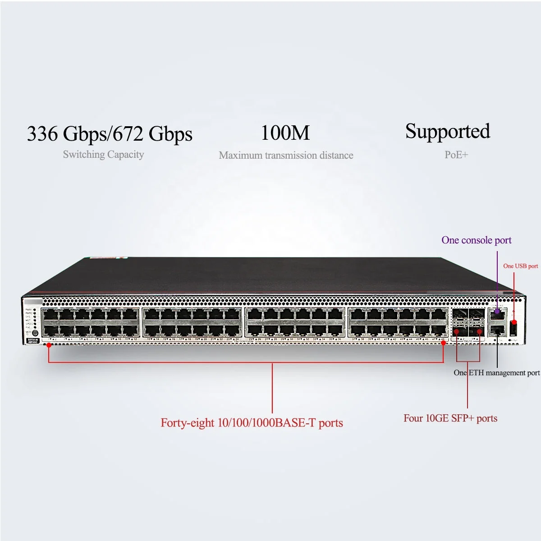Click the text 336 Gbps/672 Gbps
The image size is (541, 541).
(x=110, y=134)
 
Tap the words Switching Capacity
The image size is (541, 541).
(x=103, y=155)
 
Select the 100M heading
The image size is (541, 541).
(x=285, y=133)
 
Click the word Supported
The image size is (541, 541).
(x=447, y=132)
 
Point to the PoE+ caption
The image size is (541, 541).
(x=456, y=155)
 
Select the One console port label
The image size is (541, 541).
(x=477, y=240)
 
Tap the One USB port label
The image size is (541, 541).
(x=520, y=266)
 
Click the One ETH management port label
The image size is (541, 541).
(x=496, y=373)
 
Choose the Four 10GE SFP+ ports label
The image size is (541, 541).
(x=450, y=418)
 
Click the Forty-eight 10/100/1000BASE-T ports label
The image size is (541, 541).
(x=252, y=423)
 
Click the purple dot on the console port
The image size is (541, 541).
(x=497, y=312)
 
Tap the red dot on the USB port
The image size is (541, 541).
(x=513, y=322)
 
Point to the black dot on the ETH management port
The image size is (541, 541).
(x=497, y=331)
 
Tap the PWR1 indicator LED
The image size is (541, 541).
(x=35, y=310)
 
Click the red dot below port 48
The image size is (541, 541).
(x=444, y=343)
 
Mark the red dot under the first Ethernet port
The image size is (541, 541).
(x=49, y=345)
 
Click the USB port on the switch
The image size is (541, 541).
(x=513, y=328)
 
